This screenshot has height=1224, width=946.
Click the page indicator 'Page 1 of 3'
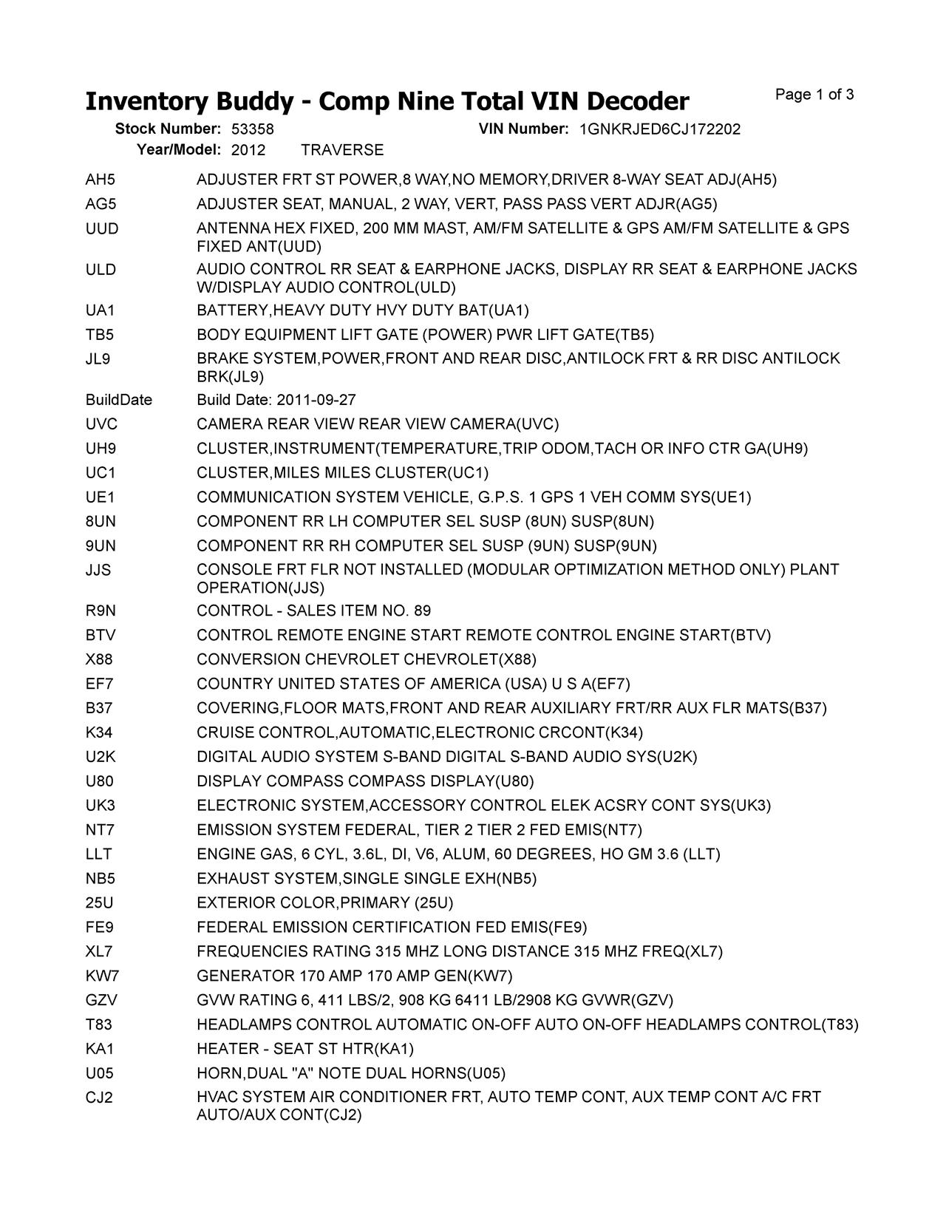click(814, 95)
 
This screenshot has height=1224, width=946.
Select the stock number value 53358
click(252, 129)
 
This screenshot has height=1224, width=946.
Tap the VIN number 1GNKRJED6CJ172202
click(659, 129)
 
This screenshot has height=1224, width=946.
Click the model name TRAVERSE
click(342, 151)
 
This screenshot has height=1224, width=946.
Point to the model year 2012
click(248, 151)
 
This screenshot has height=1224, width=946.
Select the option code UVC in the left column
click(101, 424)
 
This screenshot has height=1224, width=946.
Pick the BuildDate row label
click(119, 400)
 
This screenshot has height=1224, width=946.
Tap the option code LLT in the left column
click(99, 854)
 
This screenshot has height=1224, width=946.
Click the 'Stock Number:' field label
click(168, 129)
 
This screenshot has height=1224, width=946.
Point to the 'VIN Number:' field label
click(523, 129)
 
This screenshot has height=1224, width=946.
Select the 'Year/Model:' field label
click(178, 151)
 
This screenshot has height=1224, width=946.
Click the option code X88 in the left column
click(99, 659)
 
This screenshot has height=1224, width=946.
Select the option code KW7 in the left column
click(101, 976)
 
